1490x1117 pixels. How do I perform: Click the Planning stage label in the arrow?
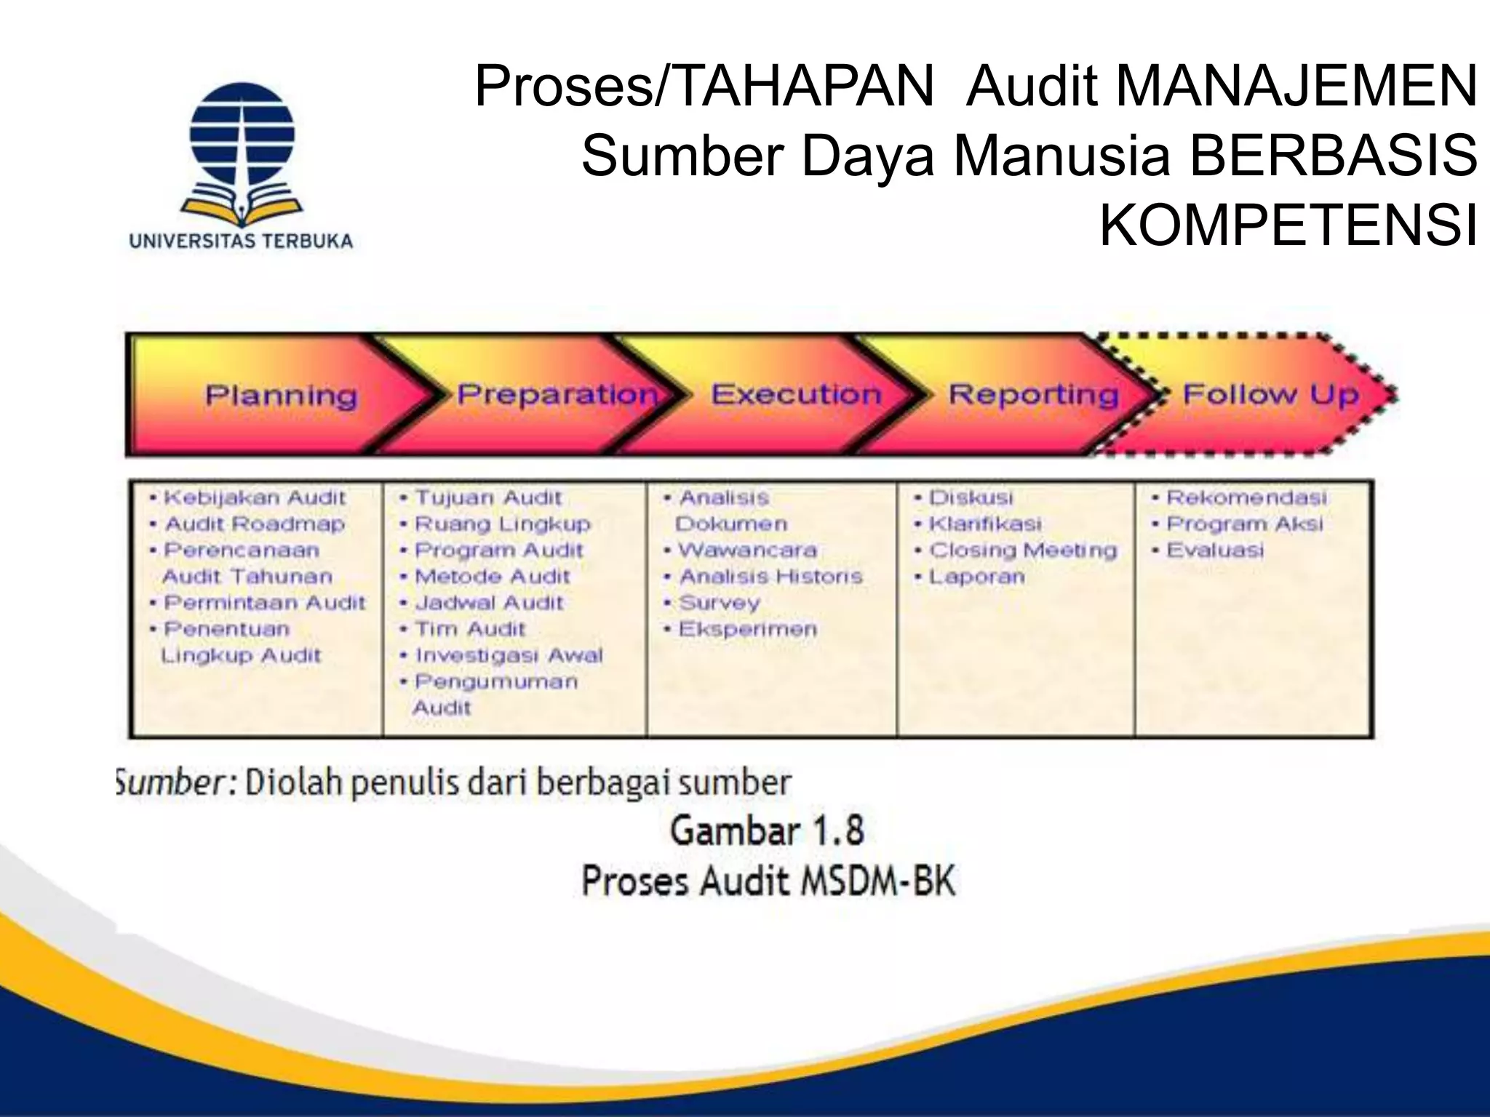pos(282,396)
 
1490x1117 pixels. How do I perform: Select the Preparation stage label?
pos(557,394)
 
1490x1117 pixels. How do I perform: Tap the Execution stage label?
pos(796,394)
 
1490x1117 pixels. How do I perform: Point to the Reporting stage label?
pos(1033,394)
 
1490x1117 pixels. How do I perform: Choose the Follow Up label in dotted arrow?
pos(1270,394)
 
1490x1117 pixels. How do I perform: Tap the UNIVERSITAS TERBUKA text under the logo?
pos(241,241)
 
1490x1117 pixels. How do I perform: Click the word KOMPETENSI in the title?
pos(1288,225)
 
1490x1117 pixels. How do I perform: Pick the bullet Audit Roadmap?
pos(255,524)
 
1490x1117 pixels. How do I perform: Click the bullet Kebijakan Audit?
pos(255,497)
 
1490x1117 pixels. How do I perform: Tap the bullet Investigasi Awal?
pos(509,655)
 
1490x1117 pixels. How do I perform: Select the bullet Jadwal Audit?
pos(489,602)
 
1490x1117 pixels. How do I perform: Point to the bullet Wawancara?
pos(747,550)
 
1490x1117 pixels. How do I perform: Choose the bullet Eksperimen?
pos(747,629)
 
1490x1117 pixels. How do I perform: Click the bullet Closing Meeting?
pos(1023,550)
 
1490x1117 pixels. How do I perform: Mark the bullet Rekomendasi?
pos(1246,497)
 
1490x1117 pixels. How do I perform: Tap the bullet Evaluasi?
pos(1215,550)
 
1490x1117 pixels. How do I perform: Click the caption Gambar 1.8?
pos(767,830)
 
